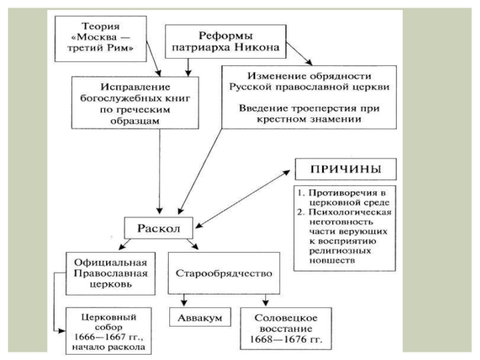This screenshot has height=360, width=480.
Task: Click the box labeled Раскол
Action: pos(158,228)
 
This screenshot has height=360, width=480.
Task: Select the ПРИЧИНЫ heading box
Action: pos(346,169)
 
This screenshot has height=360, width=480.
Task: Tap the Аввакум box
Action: pos(200,317)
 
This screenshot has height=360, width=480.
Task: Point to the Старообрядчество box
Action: pos(224,273)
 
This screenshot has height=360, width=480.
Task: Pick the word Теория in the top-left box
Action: pos(100,26)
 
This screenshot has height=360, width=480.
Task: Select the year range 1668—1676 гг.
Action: pos(286,340)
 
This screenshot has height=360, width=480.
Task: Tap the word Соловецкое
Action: pos(286,318)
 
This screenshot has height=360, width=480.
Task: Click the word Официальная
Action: pos(110,263)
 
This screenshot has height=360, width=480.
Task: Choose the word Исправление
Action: pos(135,87)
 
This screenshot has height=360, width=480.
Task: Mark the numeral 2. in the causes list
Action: pos(301,212)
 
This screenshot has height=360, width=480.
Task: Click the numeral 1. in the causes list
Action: pos(301,193)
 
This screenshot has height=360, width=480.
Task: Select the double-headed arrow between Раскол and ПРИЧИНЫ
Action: pos(242,199)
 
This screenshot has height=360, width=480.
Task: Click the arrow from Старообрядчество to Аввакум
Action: pos(184,300)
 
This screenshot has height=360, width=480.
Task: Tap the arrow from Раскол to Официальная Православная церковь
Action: pos(125,244)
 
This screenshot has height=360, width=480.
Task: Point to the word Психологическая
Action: pos(350,212)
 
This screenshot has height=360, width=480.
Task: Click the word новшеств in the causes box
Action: pos(332,260)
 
